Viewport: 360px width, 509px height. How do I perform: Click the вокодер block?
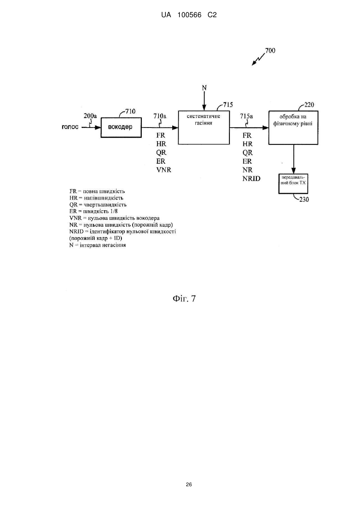(121, 128)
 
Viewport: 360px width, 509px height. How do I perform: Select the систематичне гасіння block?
(204, 128)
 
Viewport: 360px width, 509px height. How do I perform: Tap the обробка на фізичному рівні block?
(293, 128)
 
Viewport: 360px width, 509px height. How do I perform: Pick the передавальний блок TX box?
(293, 184)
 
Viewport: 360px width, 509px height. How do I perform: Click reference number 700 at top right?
(270, 50)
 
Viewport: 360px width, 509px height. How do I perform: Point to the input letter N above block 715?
(204, 88)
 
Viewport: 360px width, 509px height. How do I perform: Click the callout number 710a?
(160, 116)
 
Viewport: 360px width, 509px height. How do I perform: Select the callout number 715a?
(247, 116)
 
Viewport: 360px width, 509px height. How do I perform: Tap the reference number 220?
(309, 104)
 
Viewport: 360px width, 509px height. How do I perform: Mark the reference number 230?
(304, 200)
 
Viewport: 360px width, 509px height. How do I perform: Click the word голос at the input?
(70, 127)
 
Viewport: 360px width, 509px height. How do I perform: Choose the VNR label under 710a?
(163, 170)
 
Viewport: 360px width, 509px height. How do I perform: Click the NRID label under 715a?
(251, 179)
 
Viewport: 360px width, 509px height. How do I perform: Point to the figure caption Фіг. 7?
(184, 298)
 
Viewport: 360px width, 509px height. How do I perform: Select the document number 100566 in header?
(189, 15)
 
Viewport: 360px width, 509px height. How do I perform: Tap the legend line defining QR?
(98, 205)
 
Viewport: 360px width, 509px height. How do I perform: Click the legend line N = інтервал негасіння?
(97, 245)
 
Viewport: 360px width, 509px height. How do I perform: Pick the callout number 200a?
(90, 116)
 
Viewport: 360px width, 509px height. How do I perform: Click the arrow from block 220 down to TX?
(293, 159)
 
